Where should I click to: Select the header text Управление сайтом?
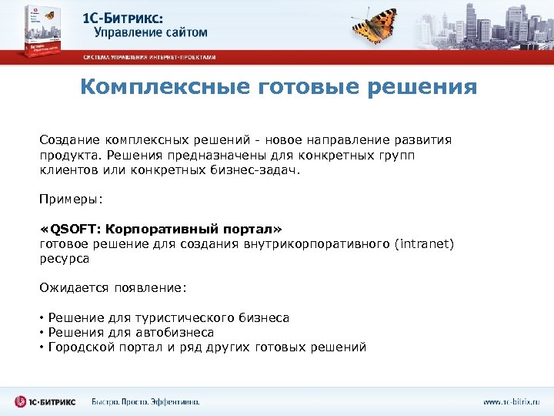point(150,32)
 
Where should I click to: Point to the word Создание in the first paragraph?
point(68,140)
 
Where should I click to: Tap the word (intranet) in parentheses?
point(425,244)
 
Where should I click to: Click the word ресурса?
point(65,259)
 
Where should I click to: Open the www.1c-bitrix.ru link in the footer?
point(511,401)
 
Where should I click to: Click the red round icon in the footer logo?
point(20,401)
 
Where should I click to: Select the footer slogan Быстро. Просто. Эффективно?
point(145,401)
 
